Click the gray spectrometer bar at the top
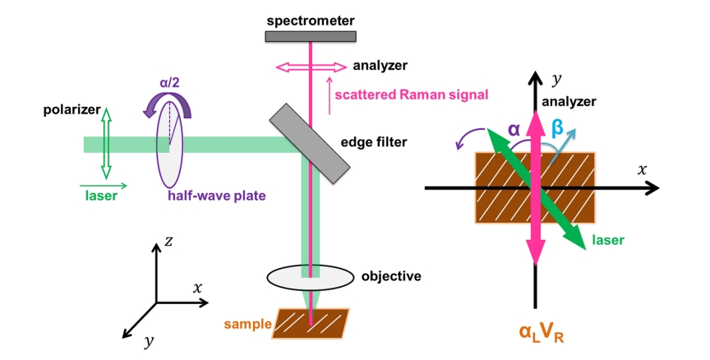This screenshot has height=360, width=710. click(x=311, y=35)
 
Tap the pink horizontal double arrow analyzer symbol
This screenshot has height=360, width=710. click(x=310, y=65)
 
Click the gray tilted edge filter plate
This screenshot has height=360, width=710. click(x=307, y=142)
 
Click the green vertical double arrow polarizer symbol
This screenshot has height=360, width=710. click(x=105, y=145)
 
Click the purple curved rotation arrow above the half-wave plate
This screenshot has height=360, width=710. click(x=180, y=105)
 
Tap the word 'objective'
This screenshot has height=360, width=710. click(x=391, y=276)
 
